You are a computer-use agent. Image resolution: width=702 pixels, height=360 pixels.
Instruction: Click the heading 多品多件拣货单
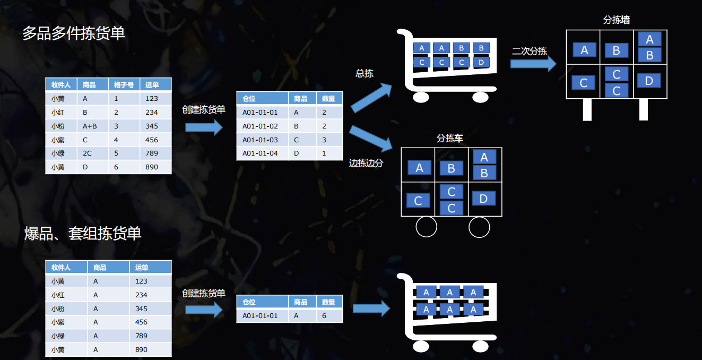(x=74, y=33)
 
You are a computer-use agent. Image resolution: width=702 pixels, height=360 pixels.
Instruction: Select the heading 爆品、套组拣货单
(x=83, y=233)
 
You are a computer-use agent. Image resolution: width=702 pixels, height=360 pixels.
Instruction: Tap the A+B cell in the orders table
(x=90, y=126)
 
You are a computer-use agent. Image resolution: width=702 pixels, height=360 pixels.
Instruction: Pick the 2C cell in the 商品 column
(x=87, y=153)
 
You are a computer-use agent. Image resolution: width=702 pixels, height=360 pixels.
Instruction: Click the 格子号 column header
(x=124, y=84)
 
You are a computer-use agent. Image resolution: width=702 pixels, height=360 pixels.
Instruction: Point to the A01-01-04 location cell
(x=260, y=153)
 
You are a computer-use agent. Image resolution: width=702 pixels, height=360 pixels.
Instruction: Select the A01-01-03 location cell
(x=260, y=140)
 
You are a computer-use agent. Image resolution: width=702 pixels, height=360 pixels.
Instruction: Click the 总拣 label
(x=364, y=74)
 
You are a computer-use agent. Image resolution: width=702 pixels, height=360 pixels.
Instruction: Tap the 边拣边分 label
(x=366, y=164)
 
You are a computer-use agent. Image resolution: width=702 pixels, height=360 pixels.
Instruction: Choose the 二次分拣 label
(x=529, y=52)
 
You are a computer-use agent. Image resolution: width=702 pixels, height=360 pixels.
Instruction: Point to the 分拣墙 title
(x=616, y=20)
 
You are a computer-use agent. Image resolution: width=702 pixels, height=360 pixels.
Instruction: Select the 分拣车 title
(x=449, y=139)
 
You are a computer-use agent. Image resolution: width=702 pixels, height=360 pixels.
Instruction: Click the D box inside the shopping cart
(x=481, y=62)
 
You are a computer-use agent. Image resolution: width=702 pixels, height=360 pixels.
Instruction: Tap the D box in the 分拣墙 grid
(x=648, y=81)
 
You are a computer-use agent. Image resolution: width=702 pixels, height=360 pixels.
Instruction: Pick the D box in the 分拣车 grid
(x=483, y=199)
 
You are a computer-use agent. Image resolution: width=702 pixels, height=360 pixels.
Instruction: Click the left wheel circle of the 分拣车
(x=426, y=227)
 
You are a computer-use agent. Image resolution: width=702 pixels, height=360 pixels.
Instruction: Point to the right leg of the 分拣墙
(x=644, y=109)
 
